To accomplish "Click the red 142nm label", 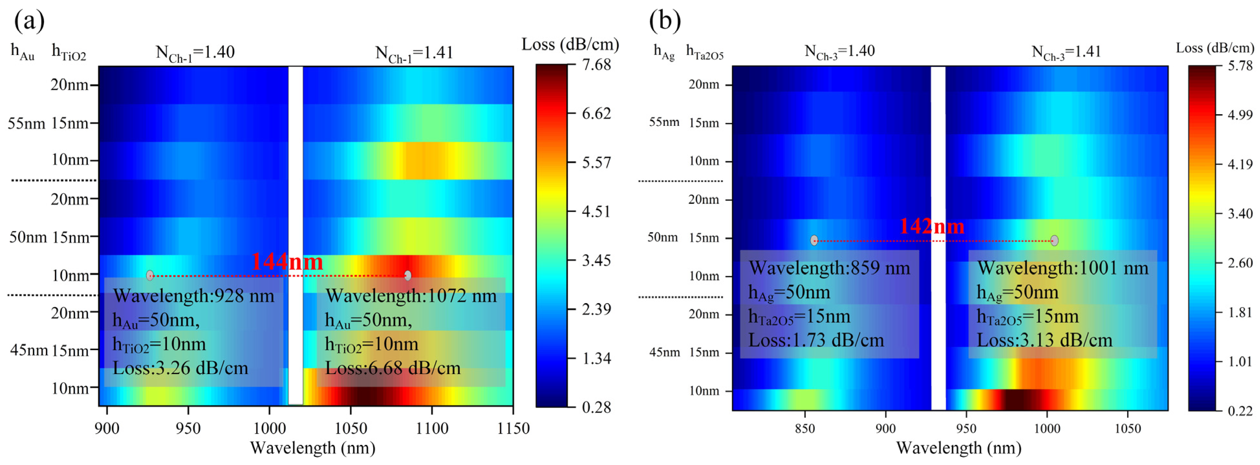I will click(x=932, y=226).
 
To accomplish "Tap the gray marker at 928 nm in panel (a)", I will click(x=150, y=275).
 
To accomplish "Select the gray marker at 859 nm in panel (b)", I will click(x=814, y=240).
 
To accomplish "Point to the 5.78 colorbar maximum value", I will click(x=1240, y=66).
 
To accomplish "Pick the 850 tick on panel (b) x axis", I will click(x=805, y=429).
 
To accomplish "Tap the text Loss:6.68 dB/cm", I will click(x=393, y=368).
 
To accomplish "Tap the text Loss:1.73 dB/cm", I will click(x=816, y=340).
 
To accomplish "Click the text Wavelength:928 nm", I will click(x=194, y=296).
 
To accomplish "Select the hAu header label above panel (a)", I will click(x=22, y=52).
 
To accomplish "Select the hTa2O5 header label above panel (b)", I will click(x=704, y=52).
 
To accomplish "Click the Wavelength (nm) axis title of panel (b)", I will click(x=958, y=448).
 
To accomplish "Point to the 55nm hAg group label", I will click(x=664, y=122).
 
